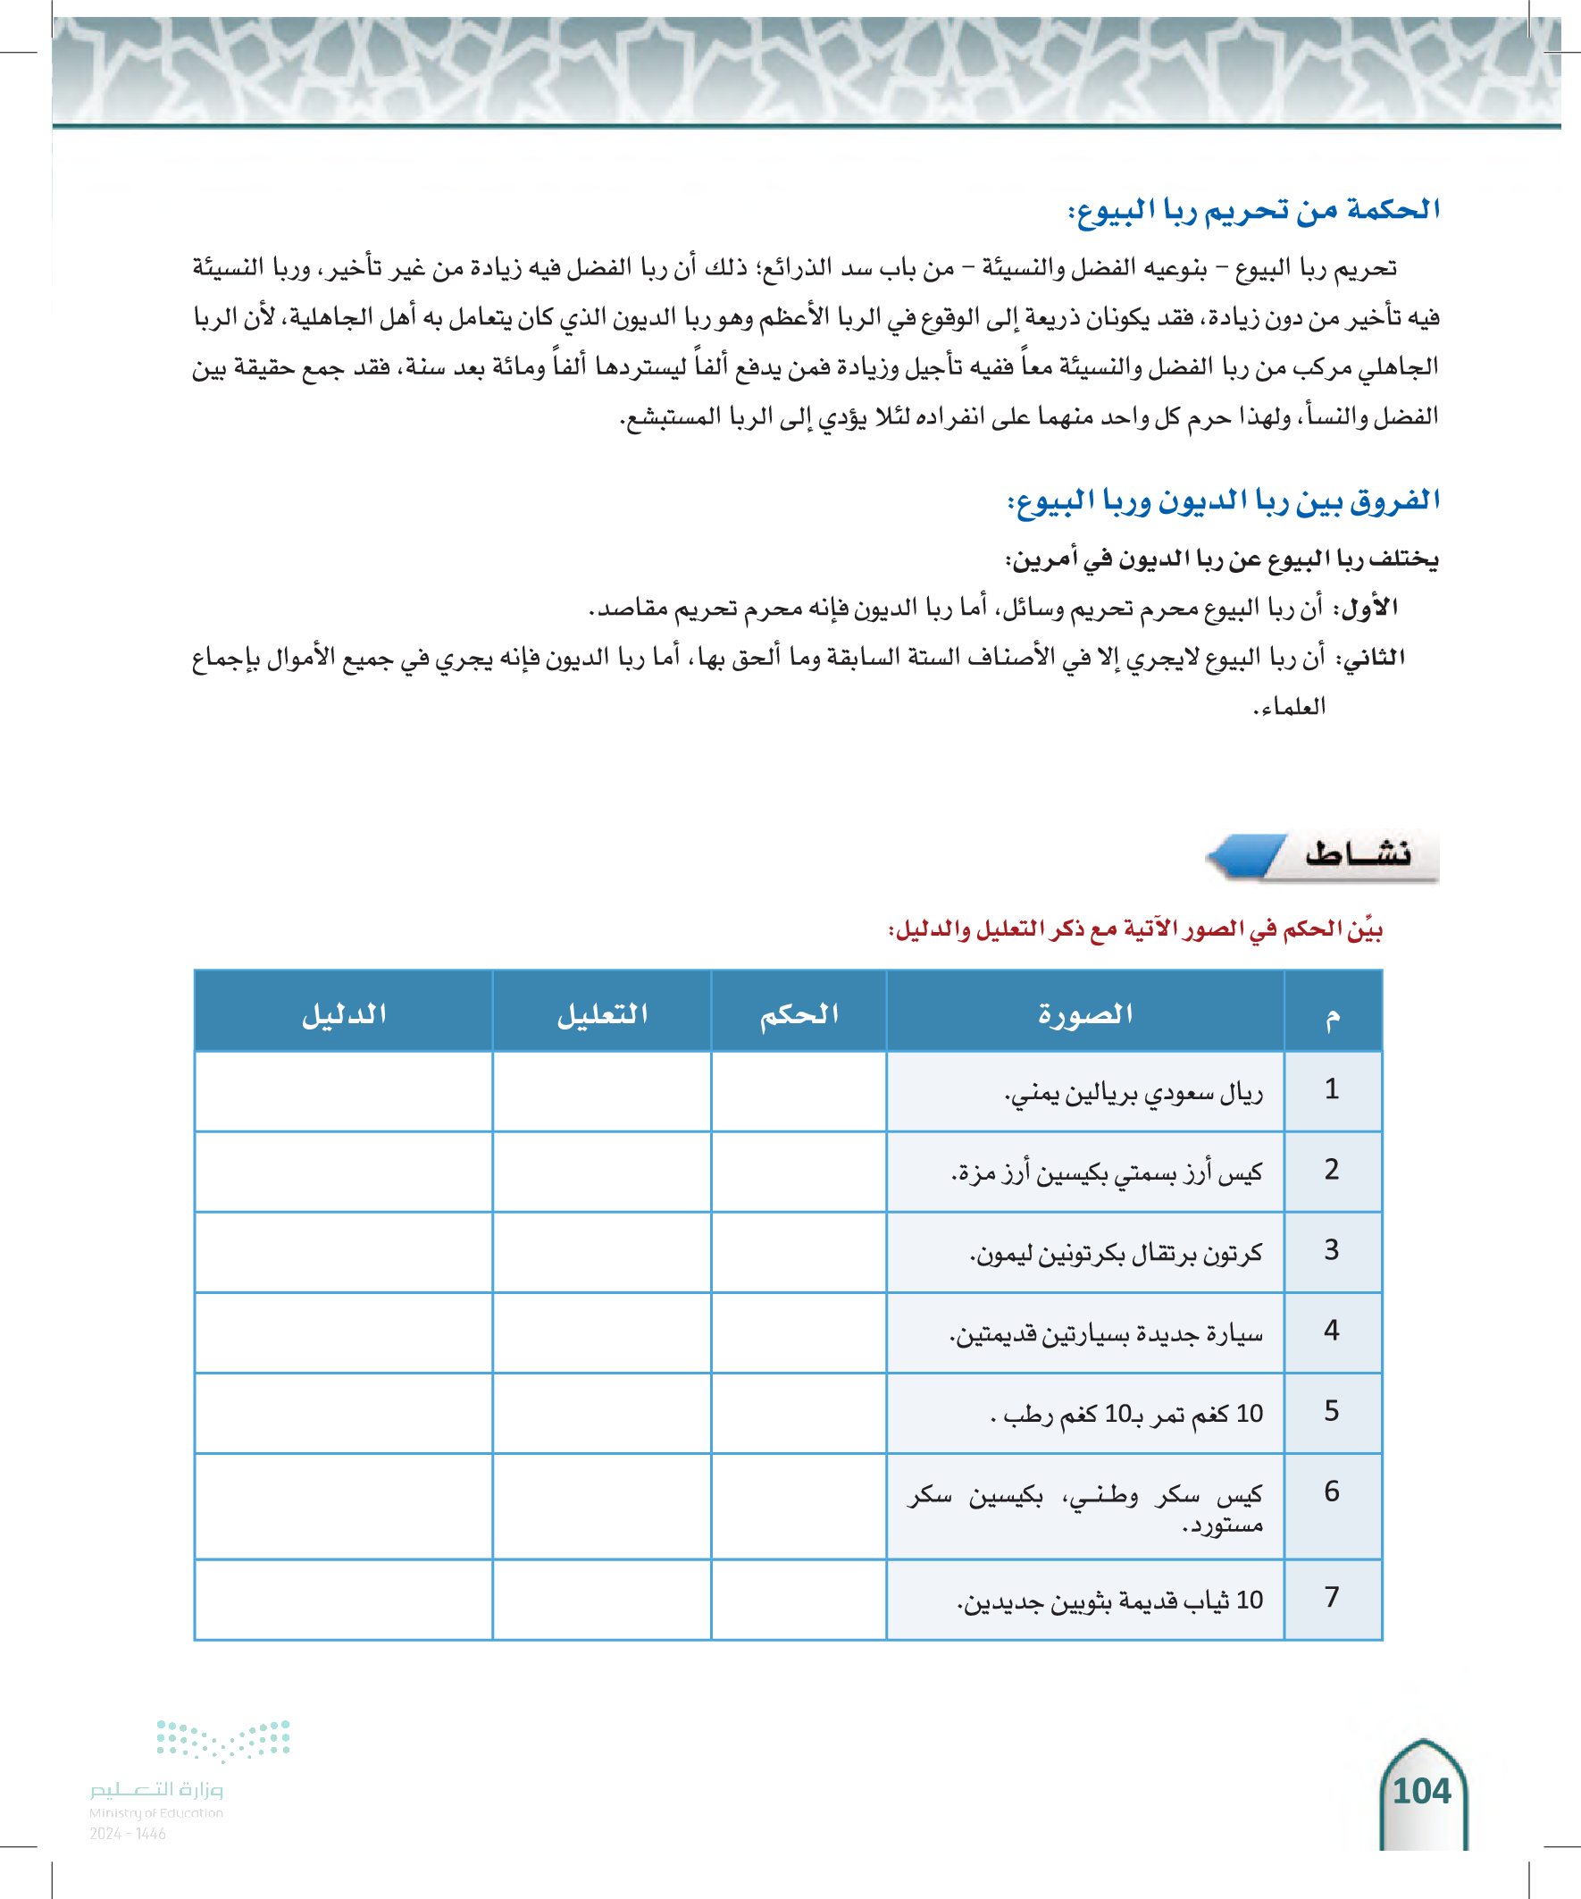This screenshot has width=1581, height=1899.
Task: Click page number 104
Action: pyautogui.click(x=1422, y=1792)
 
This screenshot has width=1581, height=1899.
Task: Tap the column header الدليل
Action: pyautogui.click(x=344, y=1013)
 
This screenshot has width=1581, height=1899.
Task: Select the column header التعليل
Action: pyautogui.click(x=602, y=1013)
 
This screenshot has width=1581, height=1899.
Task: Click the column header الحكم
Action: pyautogui.click(x=799, y=1013)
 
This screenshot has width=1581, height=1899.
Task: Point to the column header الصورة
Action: pyautogui.click(x=1084, y=1013)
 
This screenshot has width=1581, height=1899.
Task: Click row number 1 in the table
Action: pyautogui.click(x=1332, y=1089)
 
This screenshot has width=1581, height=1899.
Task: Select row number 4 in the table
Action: pyautogui.click(x=1332, y=1331)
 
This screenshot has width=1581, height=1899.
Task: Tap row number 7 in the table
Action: pyautogui.click(x=1332, y=1597)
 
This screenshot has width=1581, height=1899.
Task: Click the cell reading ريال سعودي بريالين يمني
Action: pyautogui.click(x=1133, y=1093)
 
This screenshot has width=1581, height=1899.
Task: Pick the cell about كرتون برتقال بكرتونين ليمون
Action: pyautogui.click(x=1116, y=1253)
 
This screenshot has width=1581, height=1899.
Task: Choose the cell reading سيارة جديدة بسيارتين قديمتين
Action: pyautogui.click(x=1106, y=1334)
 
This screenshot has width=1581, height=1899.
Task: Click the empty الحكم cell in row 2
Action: pyautogui.click(x=799, y=1172)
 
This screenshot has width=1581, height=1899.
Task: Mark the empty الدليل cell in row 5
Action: pyautogui.click(x=344, y=1413)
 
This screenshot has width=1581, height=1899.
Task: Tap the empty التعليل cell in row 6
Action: pyautogui.click(x=602, y=1506)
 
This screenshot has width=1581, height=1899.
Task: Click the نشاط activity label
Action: pyautogui.click(x=1357, y=853)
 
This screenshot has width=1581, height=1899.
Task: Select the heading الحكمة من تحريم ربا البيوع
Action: pyautogui.click(x=1254, y=210)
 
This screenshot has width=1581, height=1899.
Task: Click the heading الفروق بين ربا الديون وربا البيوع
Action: pyautogui.click(x=1223, y=501)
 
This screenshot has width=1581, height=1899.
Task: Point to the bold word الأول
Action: pyautogui.click(x=1369, y=608)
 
